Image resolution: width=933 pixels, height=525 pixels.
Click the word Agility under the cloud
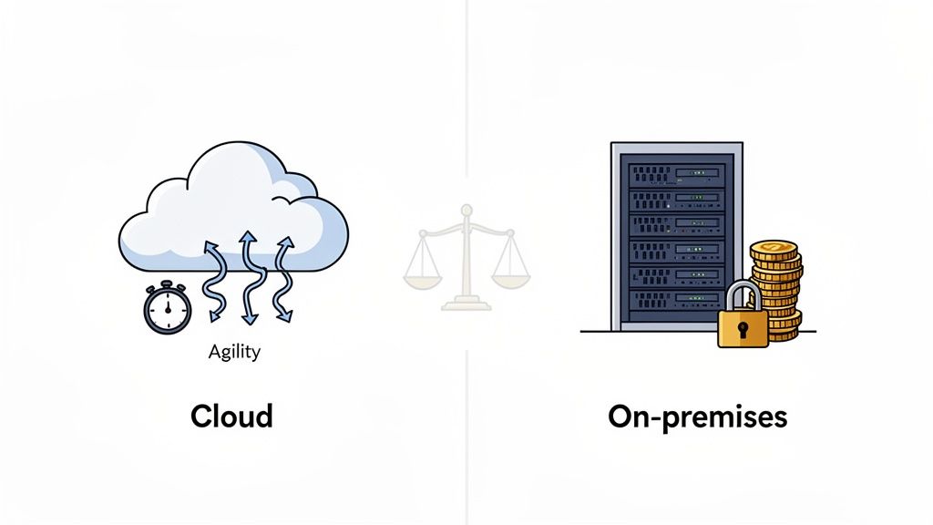(233, 350)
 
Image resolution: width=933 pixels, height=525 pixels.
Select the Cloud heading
(231, 417)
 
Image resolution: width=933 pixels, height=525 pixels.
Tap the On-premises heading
(697, 417)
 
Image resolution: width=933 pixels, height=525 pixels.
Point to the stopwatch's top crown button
(167, 285)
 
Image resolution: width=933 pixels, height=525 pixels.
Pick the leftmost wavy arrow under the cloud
(214, 278)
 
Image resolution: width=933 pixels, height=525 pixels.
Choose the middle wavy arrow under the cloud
(247, 276)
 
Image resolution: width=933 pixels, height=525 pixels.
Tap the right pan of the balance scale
(514, 271)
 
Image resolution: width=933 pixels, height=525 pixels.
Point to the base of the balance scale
(466, 304)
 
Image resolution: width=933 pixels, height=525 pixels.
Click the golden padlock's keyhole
(743, 327)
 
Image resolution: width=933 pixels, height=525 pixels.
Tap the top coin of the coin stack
(774, 249)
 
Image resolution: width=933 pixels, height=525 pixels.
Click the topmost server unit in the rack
(675, 171)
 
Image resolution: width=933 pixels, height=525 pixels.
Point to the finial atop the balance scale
(466, 211)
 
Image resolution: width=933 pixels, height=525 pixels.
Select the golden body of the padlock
(743, 329)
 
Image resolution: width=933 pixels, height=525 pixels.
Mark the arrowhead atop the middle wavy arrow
(247, 238)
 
